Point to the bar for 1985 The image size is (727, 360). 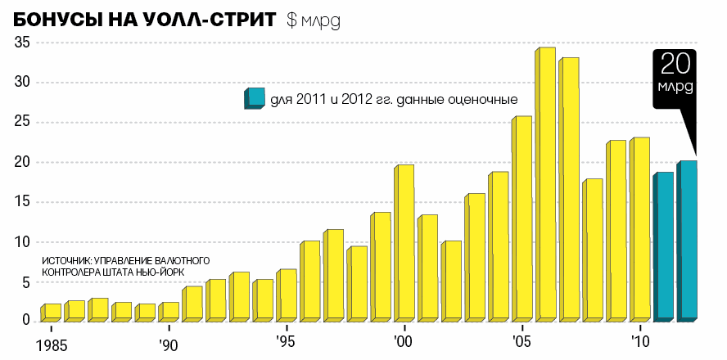pyautogui.click(x=51, y=312)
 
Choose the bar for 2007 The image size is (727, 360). pyautogui.click(x=569, y=189)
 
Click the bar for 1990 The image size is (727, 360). pyautogui.click(x=169, y=311)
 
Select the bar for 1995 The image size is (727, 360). pyautogui.click(x=287, y=295)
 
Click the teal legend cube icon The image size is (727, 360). pyautogui.click(x=254, y=98)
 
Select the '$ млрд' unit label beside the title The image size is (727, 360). pyautogui.click(x=313, y=21)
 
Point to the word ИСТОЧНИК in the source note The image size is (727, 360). pyautogui.click(x=65, y=260)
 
